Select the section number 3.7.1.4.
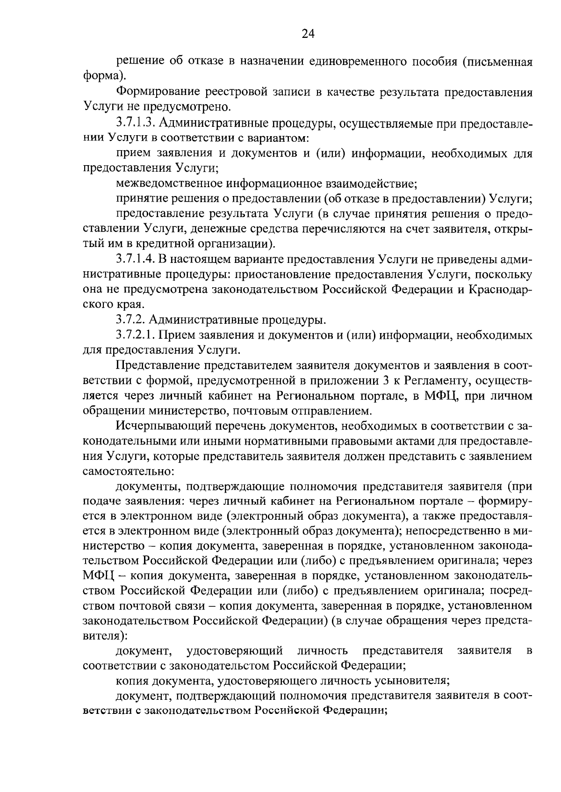pos(137,260)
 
